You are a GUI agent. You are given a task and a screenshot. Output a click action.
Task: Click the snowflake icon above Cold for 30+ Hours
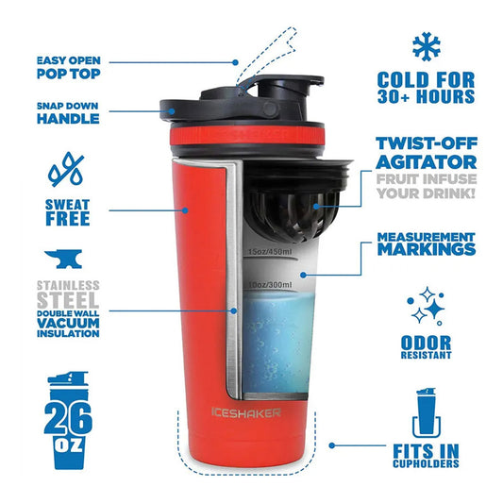427,46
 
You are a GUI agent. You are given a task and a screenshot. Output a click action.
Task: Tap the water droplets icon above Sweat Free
66,170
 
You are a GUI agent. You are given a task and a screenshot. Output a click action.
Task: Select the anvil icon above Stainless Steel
63,259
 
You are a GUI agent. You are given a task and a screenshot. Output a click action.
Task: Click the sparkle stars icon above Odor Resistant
426,306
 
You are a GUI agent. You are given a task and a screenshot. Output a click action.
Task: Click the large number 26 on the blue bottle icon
68,418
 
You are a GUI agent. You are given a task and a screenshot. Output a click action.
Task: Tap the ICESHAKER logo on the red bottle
246,412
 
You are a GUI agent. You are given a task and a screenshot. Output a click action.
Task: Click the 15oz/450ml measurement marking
271,252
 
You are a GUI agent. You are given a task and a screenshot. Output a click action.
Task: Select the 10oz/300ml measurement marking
271,285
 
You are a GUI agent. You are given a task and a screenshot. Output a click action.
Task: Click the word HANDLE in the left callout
68,119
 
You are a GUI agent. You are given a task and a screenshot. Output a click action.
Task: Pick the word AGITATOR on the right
427,162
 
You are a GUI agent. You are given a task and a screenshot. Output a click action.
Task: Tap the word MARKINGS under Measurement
427,249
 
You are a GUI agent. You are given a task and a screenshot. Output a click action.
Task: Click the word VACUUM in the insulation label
68,323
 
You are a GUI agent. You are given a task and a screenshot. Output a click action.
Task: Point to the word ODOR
426,343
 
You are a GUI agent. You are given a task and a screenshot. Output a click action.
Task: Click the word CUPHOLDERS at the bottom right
426,463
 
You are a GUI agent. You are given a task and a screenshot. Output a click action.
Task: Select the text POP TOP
68,74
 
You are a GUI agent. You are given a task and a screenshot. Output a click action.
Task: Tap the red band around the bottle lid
247,136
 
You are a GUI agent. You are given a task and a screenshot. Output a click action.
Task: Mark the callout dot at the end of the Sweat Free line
185,210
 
